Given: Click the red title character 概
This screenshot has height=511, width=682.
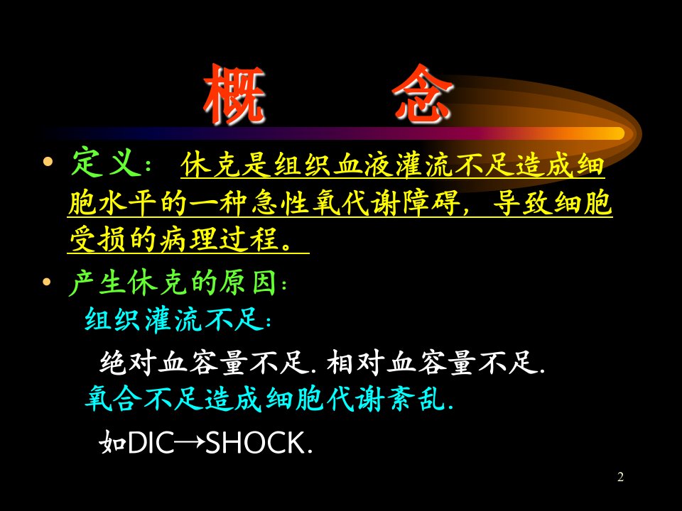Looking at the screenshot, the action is (x=234, y=94).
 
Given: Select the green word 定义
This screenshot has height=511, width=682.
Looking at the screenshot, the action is (x=107, y=163).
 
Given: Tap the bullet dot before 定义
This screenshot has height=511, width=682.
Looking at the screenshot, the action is (x=48, y=163).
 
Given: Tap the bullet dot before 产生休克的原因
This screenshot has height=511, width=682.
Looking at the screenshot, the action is (x=47, y=282).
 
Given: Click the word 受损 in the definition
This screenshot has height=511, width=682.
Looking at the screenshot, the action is (x=99, y=239).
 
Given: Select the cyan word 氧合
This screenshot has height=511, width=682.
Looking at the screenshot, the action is (x=114, y=398).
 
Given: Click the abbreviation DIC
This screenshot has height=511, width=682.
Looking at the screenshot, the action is (x=151, y=443).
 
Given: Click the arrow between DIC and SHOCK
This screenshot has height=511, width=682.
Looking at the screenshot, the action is (x=190, y=443).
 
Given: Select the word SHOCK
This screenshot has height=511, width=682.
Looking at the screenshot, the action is (x=255, y=443).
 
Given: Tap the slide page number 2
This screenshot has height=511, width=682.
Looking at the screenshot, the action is (x=621, y=477).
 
